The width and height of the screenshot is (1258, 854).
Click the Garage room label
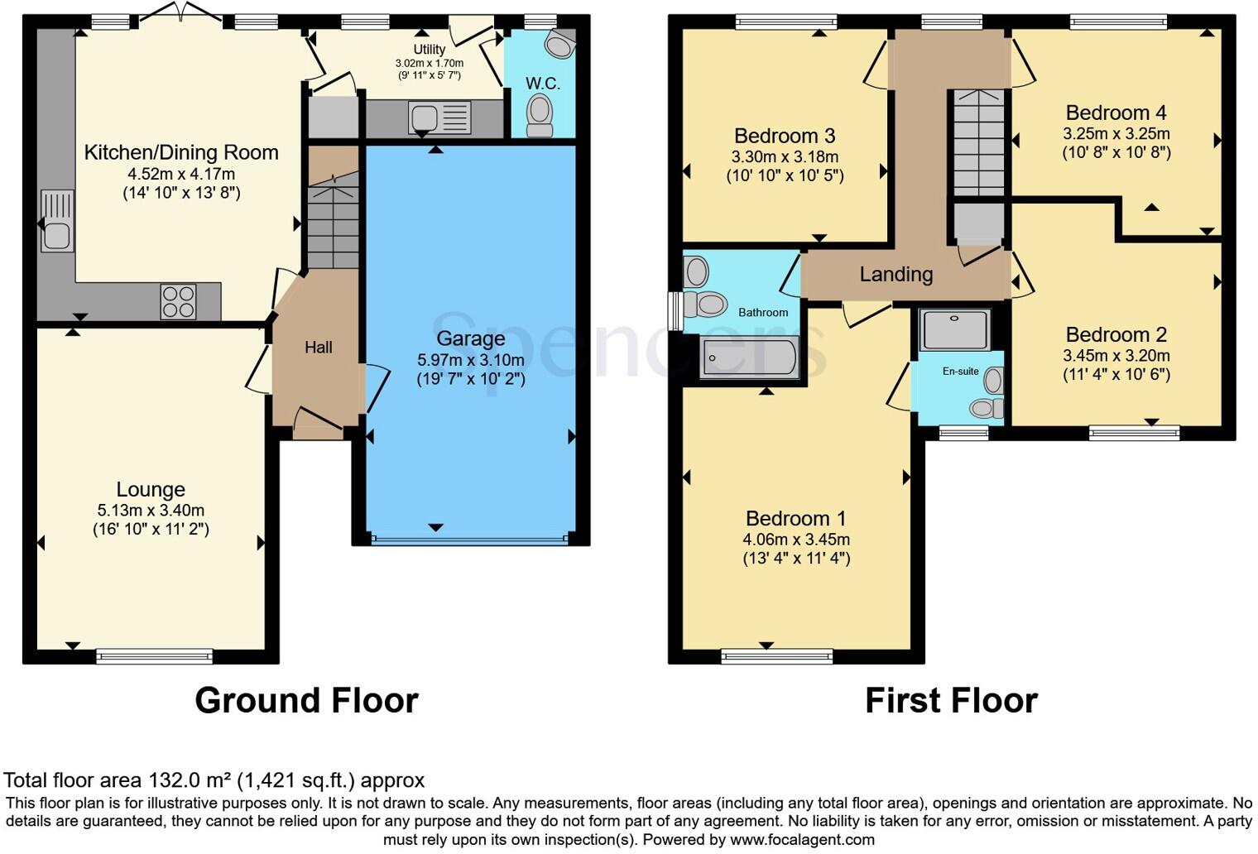(470, 338)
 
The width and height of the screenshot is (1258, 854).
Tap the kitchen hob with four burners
(178, 301)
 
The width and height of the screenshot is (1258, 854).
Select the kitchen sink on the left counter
(56, 222)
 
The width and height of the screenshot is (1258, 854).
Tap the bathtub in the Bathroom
(749, 357)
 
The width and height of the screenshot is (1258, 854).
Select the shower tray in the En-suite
(955, 329)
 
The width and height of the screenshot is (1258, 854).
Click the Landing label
(895, 275)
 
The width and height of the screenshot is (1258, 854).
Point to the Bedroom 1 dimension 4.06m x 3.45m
(796, 540)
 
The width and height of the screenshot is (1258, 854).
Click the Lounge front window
(155, 657)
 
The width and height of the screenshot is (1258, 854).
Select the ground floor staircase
(334, 219)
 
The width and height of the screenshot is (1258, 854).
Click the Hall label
(319, 348)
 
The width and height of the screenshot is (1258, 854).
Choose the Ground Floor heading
(306, 701)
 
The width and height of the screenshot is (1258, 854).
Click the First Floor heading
(951, 701)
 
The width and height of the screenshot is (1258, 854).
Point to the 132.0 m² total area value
(190, 780)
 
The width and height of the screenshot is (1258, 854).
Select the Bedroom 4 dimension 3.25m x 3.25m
(1116, 133)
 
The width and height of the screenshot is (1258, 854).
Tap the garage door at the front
(470, 540)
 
